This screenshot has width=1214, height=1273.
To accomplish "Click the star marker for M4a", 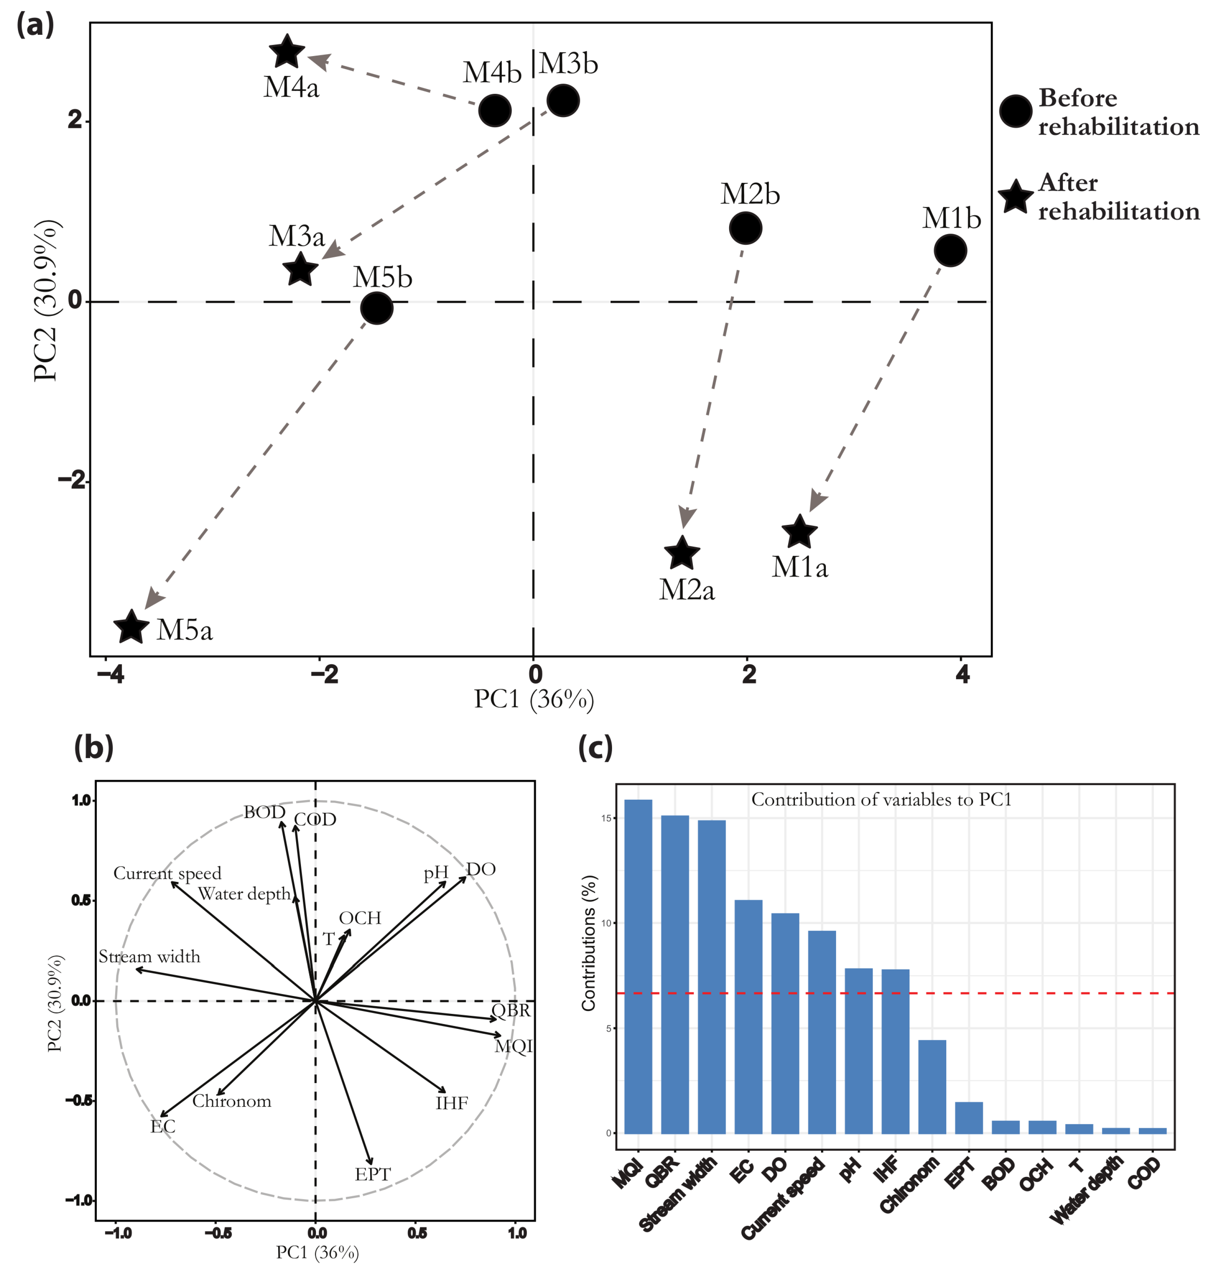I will (287, 52).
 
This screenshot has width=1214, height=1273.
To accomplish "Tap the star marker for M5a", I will (131, 627).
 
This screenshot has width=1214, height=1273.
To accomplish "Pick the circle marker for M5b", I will (377, 308).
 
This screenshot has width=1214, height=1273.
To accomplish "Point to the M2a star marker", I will (682, 553).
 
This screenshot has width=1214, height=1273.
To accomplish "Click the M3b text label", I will (568, 64).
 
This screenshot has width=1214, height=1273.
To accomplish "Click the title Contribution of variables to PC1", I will (881, 800).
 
